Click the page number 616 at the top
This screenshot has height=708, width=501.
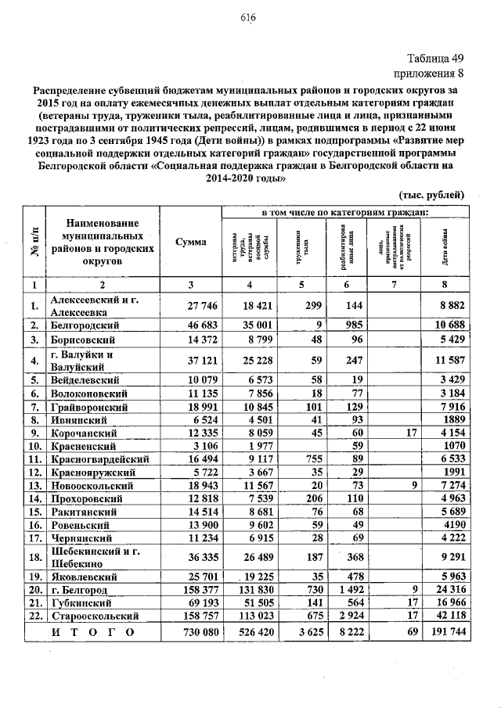(x=249, y=18)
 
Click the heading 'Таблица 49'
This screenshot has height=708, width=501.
(x=437, y=59)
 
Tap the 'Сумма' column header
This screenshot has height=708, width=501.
(x=191, y=242)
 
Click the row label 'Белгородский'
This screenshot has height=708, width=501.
(x=85, y=324)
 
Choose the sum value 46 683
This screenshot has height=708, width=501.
(x=191, y=324)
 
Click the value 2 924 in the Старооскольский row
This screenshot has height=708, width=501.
(x=350, y=616)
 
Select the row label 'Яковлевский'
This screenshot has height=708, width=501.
(x=84, y=575)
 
